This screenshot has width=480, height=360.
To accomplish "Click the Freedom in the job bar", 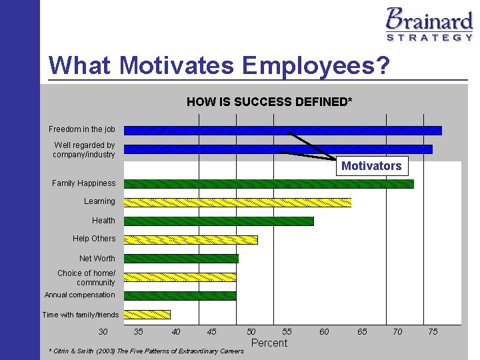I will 283,131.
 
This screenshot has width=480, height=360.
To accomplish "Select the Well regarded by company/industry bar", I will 278,149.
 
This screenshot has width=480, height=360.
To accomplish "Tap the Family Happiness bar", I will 269,184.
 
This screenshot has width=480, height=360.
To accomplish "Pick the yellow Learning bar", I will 237,203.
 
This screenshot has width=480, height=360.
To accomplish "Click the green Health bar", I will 219,221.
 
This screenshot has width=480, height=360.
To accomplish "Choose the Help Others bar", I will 191,239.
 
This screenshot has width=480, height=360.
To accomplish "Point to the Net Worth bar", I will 181,259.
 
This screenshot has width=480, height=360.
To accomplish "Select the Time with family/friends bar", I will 147,315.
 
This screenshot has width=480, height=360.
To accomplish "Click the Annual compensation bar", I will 180,296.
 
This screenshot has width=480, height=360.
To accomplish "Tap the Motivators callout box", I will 371,166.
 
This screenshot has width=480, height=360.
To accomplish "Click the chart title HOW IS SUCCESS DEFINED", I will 269,102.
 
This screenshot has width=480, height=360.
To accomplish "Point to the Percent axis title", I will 269,343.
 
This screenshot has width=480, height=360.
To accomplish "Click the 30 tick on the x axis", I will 103,332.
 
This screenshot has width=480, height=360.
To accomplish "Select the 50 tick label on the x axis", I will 251,332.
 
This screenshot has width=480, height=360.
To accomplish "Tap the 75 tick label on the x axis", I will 433,332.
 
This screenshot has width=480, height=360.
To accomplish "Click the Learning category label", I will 99,201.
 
